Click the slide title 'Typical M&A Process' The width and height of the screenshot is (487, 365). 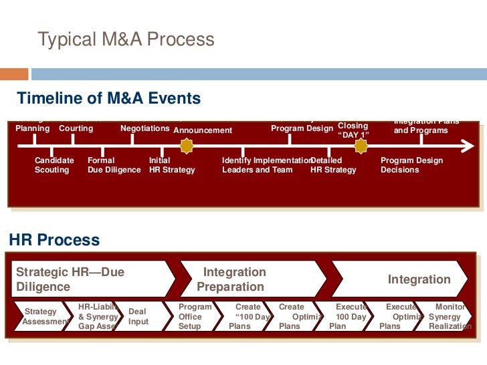tap(126, 39)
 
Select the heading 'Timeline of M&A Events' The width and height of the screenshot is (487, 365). tap(108, 99)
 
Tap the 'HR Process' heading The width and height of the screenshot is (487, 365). tap(54, 240)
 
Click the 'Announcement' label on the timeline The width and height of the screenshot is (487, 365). tap(203, 130)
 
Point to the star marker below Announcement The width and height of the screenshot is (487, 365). tap(187, 145)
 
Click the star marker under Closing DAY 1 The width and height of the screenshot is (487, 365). tap(361, 145)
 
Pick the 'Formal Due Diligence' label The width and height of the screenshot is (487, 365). tap(114, 165)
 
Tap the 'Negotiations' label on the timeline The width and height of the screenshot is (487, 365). tap(144, 128)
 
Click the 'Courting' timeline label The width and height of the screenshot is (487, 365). tap(76, 128)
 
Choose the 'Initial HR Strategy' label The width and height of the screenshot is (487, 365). tap(172, 165)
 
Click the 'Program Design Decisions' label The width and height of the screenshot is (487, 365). tap(411, 165)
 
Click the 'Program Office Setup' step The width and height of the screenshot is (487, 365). tap(195, 316)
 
